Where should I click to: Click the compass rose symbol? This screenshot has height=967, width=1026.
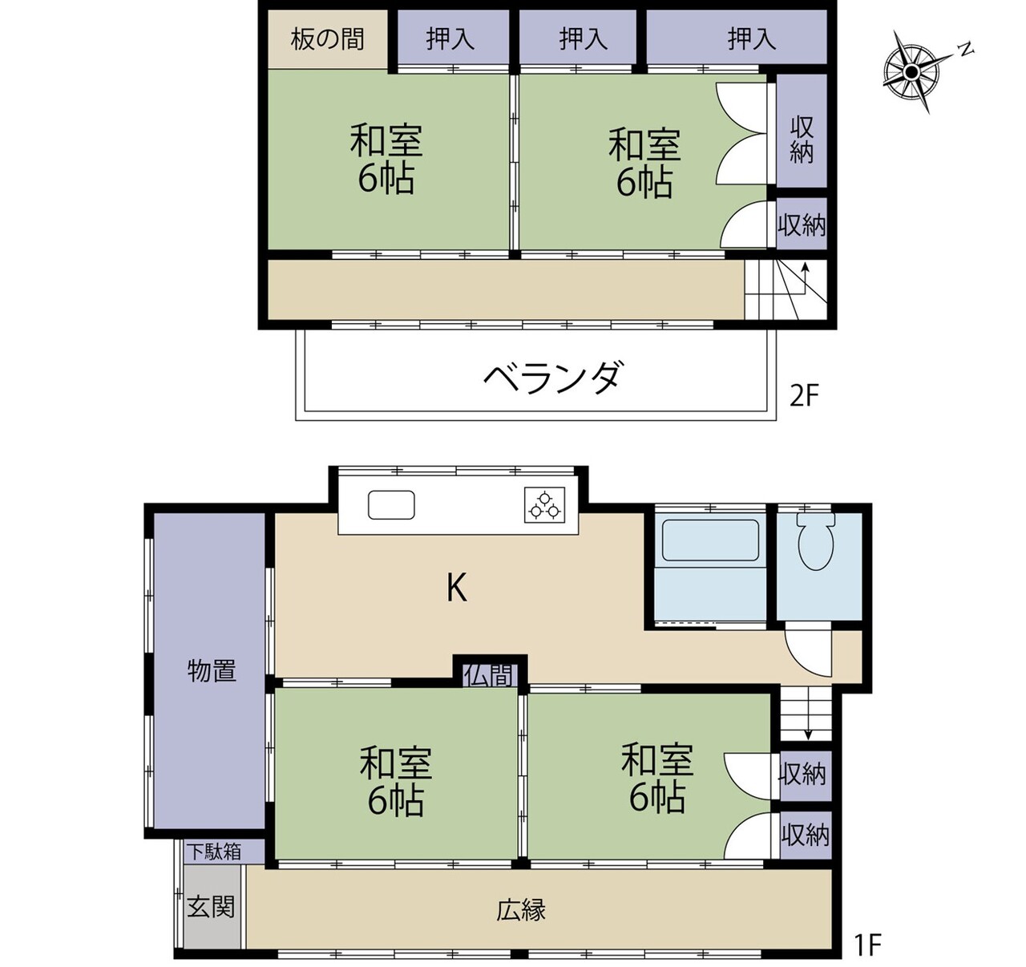tap(912, 71)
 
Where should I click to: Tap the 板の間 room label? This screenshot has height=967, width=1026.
tap(328, 39)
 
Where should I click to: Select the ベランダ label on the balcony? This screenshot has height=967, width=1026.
tap(551, 378)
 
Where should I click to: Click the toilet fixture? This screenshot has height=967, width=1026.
tap(816, 540)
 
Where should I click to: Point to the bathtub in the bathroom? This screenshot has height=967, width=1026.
tap(710, 540)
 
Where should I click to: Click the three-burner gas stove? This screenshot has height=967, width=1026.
tap(544, 505)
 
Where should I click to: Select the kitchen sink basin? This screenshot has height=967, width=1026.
tap(391, 505)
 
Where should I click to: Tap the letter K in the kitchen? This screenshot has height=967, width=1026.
tap(457, 589)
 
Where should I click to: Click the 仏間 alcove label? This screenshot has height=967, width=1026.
tap(491, 675)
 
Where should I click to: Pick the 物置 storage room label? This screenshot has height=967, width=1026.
tap(212, 671)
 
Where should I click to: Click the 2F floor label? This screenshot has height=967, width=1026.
tap(805, 397)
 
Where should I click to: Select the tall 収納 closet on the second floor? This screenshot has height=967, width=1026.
tap(802, 131)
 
